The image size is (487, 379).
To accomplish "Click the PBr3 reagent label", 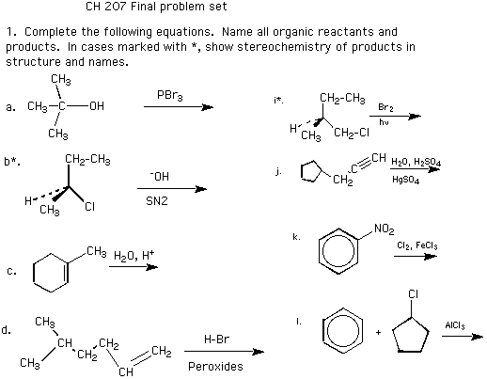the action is click(169, 95).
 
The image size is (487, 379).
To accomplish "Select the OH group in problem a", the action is click(97, 106).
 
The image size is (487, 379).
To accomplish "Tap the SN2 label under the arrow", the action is click(157, 200).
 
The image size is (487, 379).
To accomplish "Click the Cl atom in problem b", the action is click(89, 207).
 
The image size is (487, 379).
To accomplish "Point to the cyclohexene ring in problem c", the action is click(33, 273).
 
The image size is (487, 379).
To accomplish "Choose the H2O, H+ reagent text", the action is click(134, 256).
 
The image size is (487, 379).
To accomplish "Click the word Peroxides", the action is click(215, 366).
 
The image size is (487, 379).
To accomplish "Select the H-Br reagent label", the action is click(216, 339).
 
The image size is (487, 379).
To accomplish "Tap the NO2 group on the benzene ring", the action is click(385, 229).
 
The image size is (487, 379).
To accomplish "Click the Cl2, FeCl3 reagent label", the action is click(417, 245).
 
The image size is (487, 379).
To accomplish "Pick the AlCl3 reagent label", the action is click(455, 325).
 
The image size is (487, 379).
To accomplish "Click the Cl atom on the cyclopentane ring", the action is click(414, 294).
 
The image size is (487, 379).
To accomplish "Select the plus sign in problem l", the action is click(379, 332).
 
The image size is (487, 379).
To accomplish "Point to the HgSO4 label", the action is click(405, 180).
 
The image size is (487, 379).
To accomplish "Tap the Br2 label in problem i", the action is click(385, 107).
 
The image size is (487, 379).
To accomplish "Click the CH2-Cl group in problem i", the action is click(352, 133).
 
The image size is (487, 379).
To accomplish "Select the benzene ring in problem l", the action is click(322, 332).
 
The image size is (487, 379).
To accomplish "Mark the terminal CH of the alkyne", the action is click(379, 157).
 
